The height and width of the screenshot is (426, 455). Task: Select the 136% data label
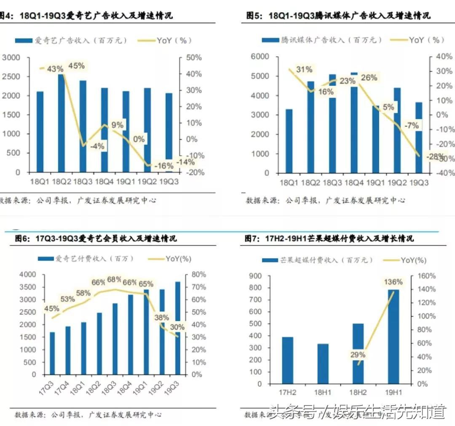(393, 281)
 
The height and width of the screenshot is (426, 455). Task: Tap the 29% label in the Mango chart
(358, 355)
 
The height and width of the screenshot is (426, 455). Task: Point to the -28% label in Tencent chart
(434, 157)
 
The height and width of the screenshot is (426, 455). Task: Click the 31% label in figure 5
(304, 69)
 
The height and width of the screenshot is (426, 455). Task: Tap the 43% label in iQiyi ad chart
(55, 68)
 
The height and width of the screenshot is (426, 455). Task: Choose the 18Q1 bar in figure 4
(40, 132)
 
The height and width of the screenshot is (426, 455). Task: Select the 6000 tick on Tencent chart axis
(260, 57)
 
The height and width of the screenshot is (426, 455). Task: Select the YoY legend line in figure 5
(398, 40)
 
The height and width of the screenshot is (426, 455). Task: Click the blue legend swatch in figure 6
(45, 259)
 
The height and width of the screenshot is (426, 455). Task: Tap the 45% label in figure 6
(51, 309)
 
